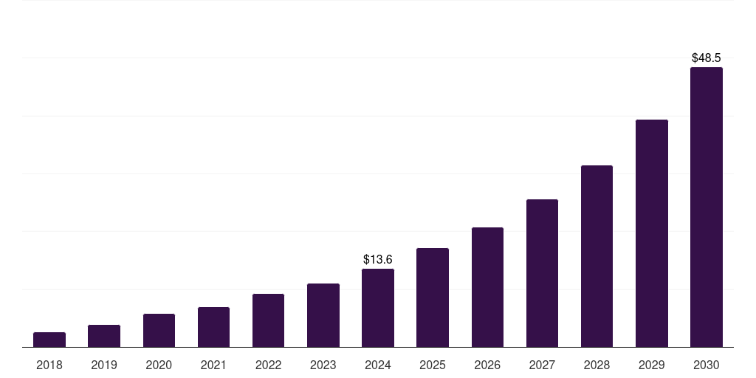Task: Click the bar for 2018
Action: (x=49, y=340)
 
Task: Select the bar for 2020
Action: (x=159, y=331)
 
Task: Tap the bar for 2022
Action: (x=268, y=320)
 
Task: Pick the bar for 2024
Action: (x=378, y=308)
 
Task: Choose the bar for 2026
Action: (x=487, y=287)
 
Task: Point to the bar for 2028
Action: (x=597, y=256)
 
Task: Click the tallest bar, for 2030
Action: (x=707, y=207)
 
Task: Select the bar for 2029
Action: (x=652, y=233)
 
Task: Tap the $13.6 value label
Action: (x=378, y=260)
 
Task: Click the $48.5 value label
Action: (x=707, y=58)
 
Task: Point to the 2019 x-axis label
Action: (x=104, y=365)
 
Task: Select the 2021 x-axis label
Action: (x=213, y=365)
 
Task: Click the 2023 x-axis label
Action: (x=323, y=365)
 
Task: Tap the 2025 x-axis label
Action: (x=433, y=365)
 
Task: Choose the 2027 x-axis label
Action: (x=542, y=365)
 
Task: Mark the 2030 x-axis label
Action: (x=707, y=365)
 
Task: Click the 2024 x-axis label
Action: (x=378, y=365)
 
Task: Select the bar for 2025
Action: (x=433, y=298)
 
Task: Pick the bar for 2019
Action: (x=104, y=336)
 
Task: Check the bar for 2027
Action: (x=542, y=273)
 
